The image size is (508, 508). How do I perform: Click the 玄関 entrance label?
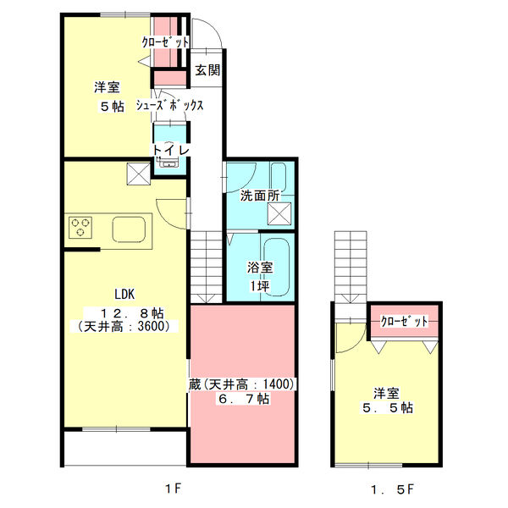(207, 70)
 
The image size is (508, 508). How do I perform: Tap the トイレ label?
(171, 150)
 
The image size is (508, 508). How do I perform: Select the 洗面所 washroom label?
(259, 196)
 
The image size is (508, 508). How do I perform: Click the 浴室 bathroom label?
(260, 268)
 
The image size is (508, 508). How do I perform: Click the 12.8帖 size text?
(124, 310)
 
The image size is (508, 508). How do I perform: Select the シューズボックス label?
(178, 106)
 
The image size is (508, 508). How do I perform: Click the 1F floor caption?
(173, 489)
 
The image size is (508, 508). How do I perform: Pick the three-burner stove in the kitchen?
(81, 228)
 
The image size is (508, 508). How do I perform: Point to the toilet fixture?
(169, 162)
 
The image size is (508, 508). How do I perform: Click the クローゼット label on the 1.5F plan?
(404, 321)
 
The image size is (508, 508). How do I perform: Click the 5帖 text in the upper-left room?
(106, 106)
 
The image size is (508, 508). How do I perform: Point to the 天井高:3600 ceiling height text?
(124, 326)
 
